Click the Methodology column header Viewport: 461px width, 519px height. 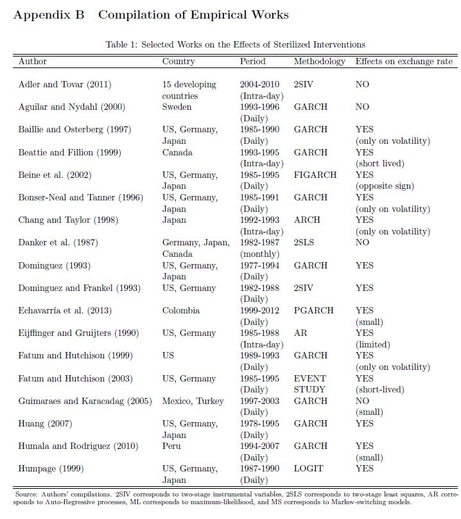click(319, 62)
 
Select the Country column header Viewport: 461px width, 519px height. click(178, 62)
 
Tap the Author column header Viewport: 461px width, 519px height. click(33, 62)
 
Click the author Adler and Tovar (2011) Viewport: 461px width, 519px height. click(64, 84)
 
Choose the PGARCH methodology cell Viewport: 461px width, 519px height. click(313, 310)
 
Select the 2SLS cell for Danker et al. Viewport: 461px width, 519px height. click(306, 242)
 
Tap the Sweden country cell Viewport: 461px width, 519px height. click(177, 107)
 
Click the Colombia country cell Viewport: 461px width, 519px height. click(181, 310)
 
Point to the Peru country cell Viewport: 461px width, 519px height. click(171, 446)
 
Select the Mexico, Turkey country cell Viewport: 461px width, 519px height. click(193, 401)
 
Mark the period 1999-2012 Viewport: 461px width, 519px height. click(259, 310)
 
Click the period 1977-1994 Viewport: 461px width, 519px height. click(259, 265)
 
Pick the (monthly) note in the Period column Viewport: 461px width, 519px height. click(259, 254)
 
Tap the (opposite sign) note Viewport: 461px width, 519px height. click(385, 186)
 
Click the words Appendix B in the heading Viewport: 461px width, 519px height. click(49, 15)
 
